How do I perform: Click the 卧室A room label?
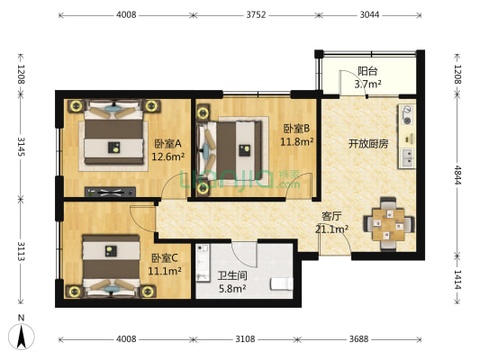pyautogui.click(x=168, y=143)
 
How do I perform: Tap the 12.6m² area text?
pyautogui.click(x=168, y=157)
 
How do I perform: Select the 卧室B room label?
pyautogui.click(x=296, y=129)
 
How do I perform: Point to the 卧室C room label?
pyautogui.click(x=165, y=258)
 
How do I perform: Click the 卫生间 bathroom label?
pyautogui.click(x=232, y=275)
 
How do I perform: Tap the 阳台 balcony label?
pyautogui.click(x=367, y=71)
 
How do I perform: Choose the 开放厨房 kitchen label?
pyautogui.click(x=368, y=143)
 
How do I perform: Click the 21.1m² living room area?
pyautogui.click(x=331, y=229)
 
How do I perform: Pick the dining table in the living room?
pyautogui.click(x=388, y=224)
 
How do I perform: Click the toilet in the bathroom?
pyautogui.click(x=282, y=283)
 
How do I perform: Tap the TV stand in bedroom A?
pyautogui.click(x=110, y=192)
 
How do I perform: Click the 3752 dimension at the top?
pyautogui.click(x=256, y=14)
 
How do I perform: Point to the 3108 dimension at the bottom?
pyautogui.click(x=245, y=339)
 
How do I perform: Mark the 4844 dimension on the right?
pyautogui.click(x=457, y=175)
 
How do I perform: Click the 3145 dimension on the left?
pyautogui.click(x=21, y=147)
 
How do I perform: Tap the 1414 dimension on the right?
pyautogui.click(x=457, y=280)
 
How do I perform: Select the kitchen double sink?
pyautogui.click(x=407, y=157)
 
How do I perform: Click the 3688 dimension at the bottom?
pyautogui.click(x=358, y=339)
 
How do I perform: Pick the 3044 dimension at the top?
pyautogui.click(x=369, y=14)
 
